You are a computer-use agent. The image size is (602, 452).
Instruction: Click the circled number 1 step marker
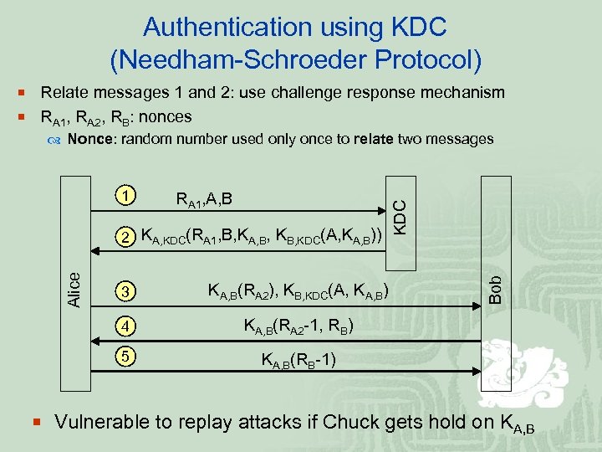pyautogui.click(x=125, y=196)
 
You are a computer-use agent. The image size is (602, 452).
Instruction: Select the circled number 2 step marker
pyautogui.click(x=125, y=237)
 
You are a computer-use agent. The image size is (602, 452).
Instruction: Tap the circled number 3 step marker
pyautogui.click(x=125, y=292)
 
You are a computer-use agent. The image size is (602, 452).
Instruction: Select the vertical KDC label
pyautogui.click(x=400, y=215)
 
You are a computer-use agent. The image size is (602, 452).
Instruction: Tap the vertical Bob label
pyautogui.click(x=495, y=289)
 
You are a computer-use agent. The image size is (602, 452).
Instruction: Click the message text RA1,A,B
pyautogui.click(x=204, y=199)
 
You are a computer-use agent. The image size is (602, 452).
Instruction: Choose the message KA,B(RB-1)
pyautogui.click(x=299, y=361)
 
